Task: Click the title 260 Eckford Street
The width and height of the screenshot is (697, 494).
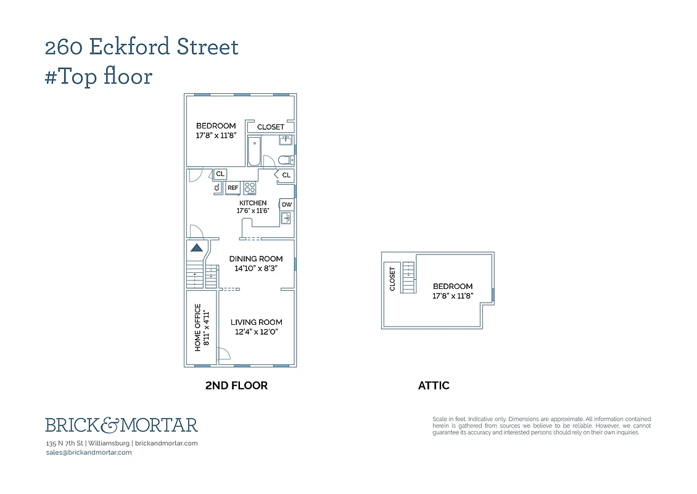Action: tap(141, 47)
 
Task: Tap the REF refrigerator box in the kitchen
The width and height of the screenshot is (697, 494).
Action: tap(233, 188)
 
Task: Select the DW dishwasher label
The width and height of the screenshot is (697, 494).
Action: tap(287, 204)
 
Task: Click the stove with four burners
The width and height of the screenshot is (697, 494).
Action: tap(250, 188)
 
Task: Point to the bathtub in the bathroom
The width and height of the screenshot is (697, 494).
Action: tap(254, 152)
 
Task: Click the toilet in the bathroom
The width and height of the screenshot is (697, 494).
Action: tap(285, 161)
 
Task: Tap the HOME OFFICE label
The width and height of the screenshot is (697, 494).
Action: tap(202, 327)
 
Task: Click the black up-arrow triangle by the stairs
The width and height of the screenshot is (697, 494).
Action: tap(196, 248)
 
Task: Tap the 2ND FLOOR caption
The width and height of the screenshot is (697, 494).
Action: tap(236, 385)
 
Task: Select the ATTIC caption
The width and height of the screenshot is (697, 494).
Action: tap(434, 385)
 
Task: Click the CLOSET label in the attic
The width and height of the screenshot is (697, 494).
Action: tap(392, 278)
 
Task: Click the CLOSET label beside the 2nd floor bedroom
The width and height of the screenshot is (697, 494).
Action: tap(271, 127)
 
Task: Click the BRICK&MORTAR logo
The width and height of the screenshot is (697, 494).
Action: tap(122, 425)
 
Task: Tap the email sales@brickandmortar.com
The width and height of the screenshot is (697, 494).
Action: tap(89, 452)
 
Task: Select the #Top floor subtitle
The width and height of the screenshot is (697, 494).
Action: tap(99, 77)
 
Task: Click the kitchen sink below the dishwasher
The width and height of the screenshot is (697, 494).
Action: tap(286, 218)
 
